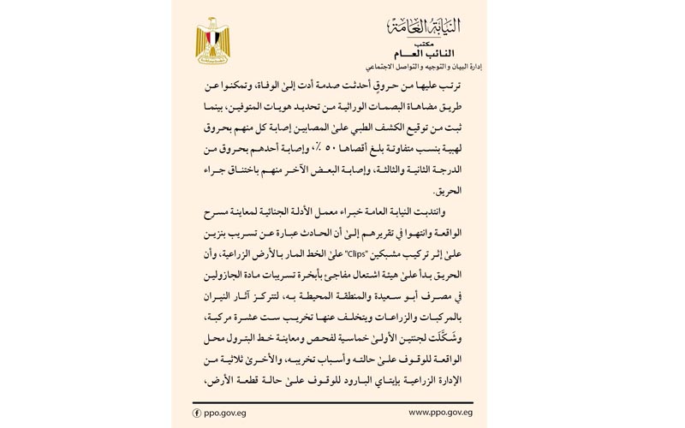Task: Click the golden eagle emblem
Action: [x=212, y=42]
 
